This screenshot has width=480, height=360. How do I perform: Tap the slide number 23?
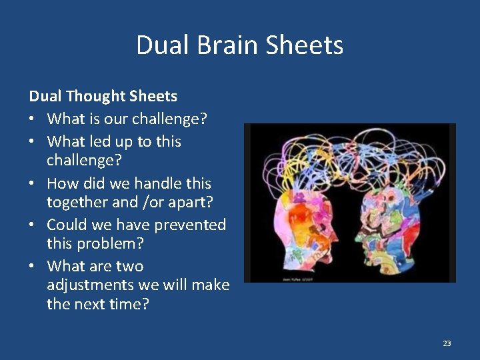coord(447,343)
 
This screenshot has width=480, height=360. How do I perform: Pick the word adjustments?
coord(91,285)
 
